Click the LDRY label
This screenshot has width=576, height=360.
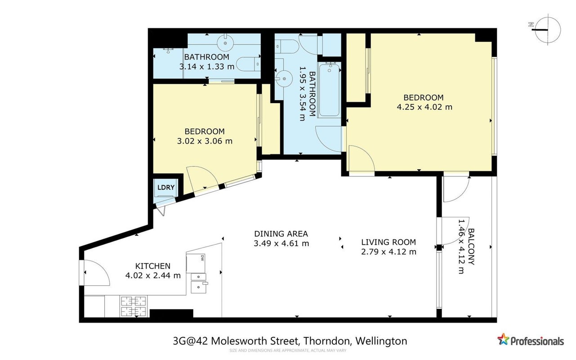(x=166, y=187)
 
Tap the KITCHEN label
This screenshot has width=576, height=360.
(x=153, y=266)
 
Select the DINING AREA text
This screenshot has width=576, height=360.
(x=281, y=234)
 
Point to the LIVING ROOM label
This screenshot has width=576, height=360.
(x=388, y=242)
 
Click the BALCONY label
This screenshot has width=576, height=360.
(x=471, y=247)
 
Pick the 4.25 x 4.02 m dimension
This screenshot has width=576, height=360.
(x=424, y=107)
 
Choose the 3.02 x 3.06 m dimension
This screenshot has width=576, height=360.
(x=205, y=141)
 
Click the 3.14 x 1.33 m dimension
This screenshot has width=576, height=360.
(x=207, y=67)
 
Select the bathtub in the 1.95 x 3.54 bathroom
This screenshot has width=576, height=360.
(x=329, y=90)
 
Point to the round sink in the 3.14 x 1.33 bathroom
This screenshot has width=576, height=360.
(x=225, y=43)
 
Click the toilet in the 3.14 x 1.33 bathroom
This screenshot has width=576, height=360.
(x=248, y=64)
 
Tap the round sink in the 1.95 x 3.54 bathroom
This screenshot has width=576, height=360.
(x=284, y=78)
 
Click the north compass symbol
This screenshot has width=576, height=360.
(x=548, y=30)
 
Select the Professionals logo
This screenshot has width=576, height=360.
(x=530, y=340)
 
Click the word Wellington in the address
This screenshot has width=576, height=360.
(x=381, y=341)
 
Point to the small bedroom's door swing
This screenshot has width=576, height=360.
(x=202, y=179)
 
